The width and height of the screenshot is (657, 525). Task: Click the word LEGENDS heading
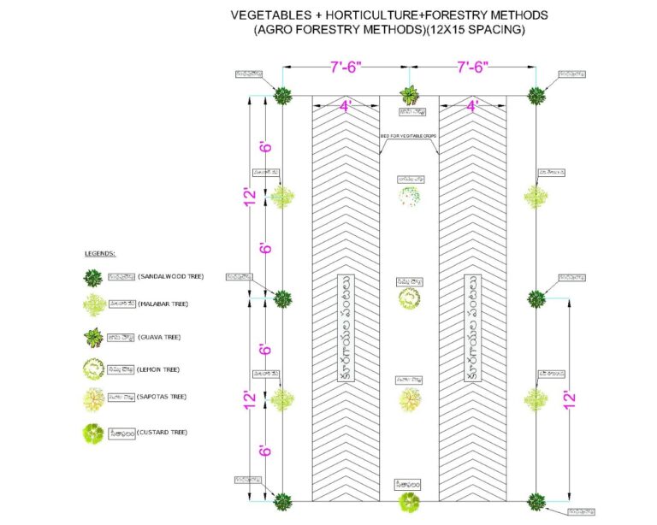[x=100, y=254]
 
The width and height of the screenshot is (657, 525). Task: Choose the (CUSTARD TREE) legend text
[x=165, y=433]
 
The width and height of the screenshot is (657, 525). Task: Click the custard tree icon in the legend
[x=92, y=434]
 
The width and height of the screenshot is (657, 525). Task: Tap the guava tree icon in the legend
[x=92, y=337]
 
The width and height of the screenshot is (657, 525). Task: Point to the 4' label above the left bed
[x=345, y=107]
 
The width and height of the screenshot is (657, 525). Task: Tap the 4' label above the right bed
[x=472, y=107]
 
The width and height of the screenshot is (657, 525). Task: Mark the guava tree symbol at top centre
[x=409, y=94]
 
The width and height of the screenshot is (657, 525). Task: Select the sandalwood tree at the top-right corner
[x=536, y=95]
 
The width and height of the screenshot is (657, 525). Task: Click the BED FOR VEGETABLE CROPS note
[x=409, y=136]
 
